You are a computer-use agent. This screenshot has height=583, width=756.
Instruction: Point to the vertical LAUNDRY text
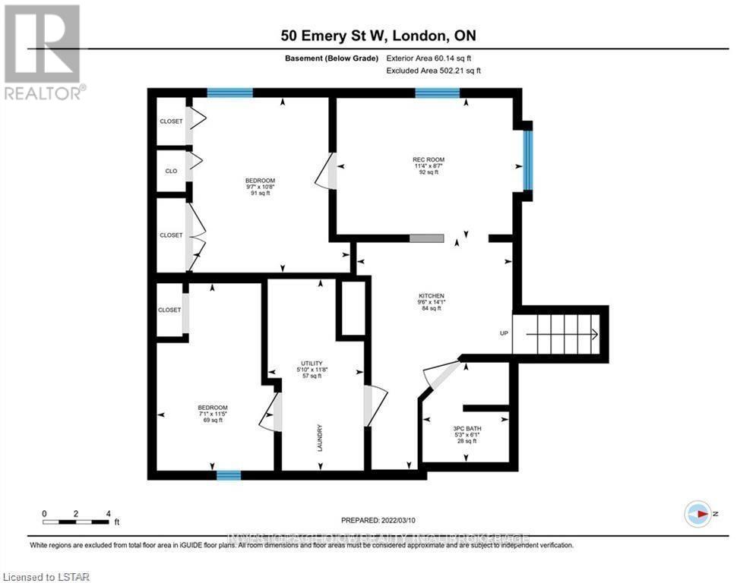click(x=321, y=438)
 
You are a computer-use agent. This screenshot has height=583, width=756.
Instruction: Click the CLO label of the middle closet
click(x=171, y=171)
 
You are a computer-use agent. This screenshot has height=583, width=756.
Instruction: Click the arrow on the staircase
click(x=593, y=333)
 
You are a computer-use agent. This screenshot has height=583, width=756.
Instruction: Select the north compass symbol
click(x=697, y=514)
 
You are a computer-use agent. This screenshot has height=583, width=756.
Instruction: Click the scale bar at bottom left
click(x=76, y=522)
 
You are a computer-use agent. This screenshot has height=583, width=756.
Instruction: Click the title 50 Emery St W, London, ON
click(x=378, y=36)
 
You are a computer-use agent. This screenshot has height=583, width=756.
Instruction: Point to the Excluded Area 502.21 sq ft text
click(x=434, y=71)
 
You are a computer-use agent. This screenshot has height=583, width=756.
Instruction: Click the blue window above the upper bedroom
click(x=229, y=93)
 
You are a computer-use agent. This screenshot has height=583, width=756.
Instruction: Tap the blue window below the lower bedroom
click(x=228, y=475)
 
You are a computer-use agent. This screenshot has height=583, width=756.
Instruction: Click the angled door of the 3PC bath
click(x=441, y=374)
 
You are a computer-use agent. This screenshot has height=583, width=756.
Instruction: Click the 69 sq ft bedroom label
click(x=212, y=413)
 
